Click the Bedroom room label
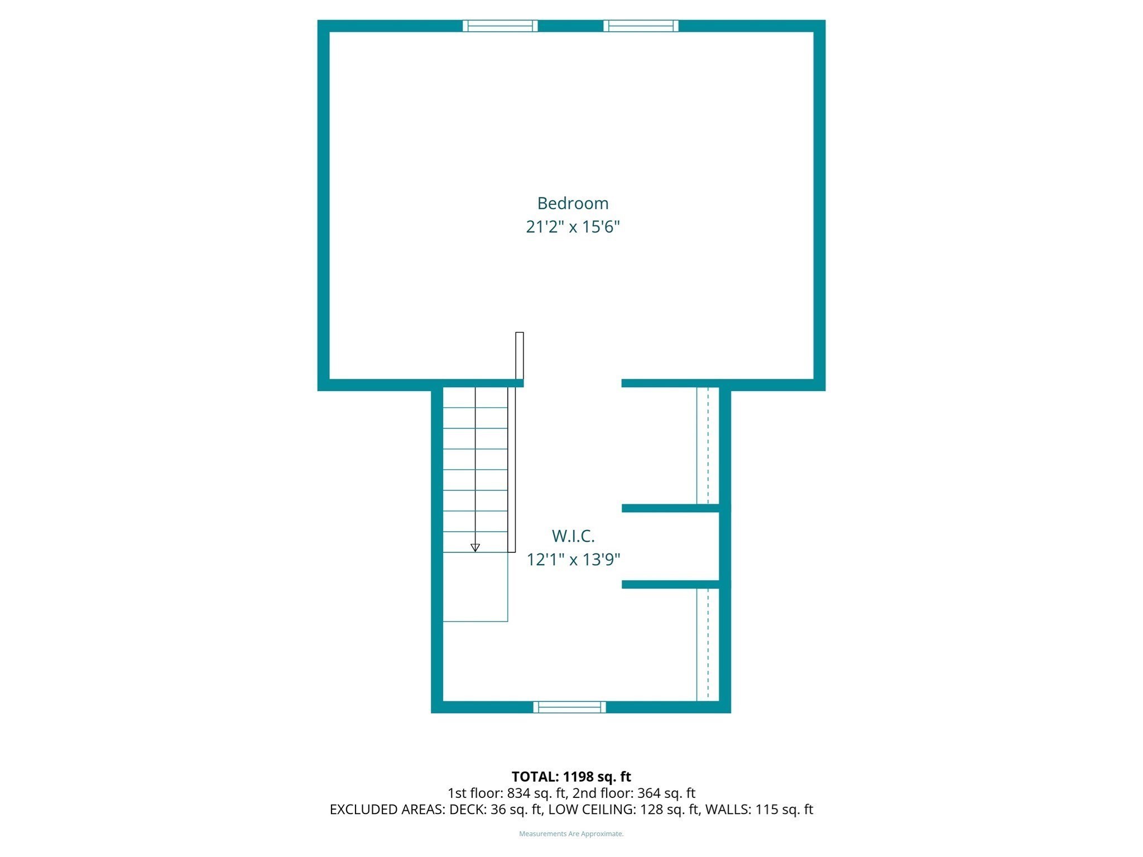point(573,203)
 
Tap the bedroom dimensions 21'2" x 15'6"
point(573,227)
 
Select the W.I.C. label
point(573,536)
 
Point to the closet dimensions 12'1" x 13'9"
point(573,559)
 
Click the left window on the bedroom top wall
point(500,26)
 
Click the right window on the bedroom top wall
point(641,26)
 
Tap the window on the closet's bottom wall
point(569,707)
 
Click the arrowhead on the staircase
point(475,547)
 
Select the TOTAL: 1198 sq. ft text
point(571,777)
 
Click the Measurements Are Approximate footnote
point(571,834)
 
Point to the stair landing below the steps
point(475,587)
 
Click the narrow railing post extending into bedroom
point(519,355)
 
